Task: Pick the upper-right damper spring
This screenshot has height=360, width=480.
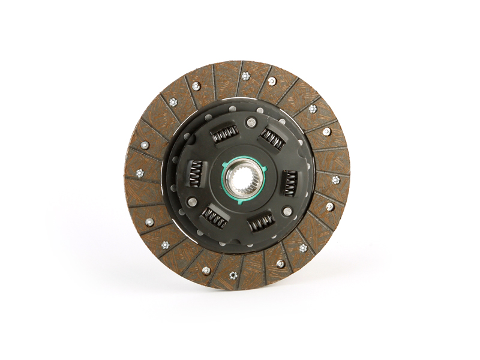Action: (x=272, y=140)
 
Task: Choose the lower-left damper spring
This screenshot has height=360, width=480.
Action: (x=214, y=217)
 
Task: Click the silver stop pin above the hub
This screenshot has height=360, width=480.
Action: (x=251, y=123)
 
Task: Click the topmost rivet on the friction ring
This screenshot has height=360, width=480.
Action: (x=245, y=76)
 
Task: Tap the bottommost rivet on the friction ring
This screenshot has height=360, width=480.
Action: (x=233, y=275)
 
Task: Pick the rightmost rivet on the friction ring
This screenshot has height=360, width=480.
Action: (x=336, y=179)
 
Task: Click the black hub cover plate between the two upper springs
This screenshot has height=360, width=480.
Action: (x=249, y=144)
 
